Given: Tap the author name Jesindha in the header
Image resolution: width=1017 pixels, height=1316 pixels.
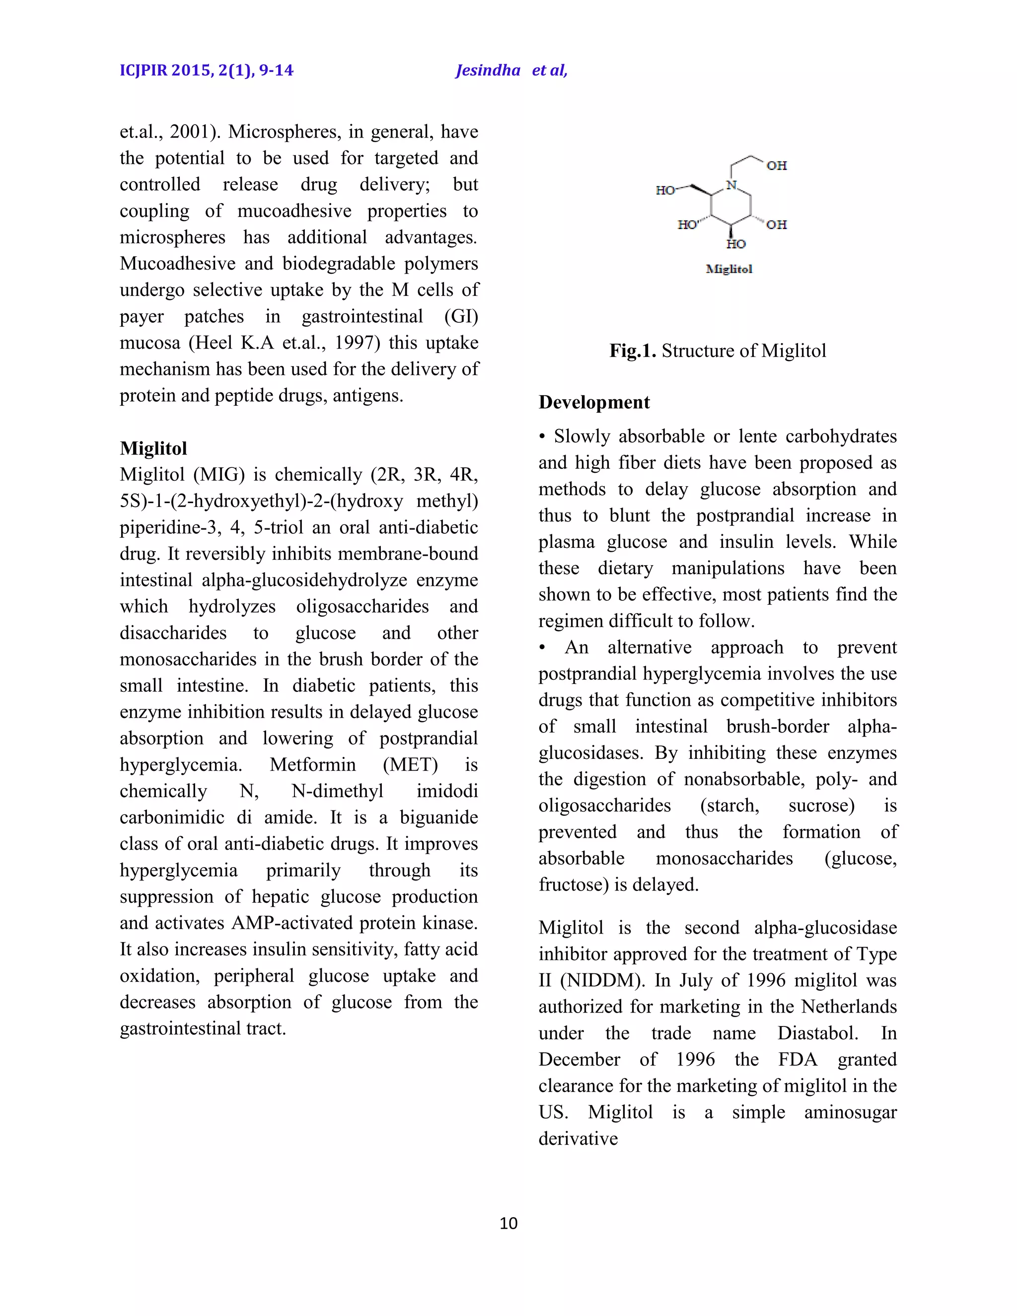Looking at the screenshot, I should click(x=488, y=71).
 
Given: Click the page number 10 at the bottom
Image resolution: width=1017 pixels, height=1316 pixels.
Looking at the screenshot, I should click(x=508, y=1223).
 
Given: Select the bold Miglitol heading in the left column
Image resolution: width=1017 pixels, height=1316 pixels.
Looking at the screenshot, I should click(x=153, y=448).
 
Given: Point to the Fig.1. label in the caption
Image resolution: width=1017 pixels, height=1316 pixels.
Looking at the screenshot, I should click(x=632, y=351).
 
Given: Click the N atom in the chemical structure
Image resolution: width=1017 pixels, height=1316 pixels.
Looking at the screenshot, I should click(x=731, y=186).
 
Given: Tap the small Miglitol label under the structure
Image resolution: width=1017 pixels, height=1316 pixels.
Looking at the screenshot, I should click(x=729, y=269).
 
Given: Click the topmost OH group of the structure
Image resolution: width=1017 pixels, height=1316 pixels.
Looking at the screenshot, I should click(x=777, y=166).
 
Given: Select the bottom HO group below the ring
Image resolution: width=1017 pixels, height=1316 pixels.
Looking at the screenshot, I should click(x=735, y=244).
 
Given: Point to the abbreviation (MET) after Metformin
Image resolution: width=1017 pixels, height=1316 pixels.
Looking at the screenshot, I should click(x=410, y=765).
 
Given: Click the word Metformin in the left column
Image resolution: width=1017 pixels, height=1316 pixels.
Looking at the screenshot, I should click(x=313, y=765).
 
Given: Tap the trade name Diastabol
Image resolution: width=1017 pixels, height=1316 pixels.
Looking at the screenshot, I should click(x=817, y=1033).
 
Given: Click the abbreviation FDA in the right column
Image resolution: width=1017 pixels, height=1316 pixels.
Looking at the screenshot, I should click(x=798, y=1059).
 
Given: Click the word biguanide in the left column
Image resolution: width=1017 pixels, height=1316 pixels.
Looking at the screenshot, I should click(x=438, y=818).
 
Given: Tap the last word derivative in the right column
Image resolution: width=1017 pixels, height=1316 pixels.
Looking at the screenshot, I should click(x=578, y=1139).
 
